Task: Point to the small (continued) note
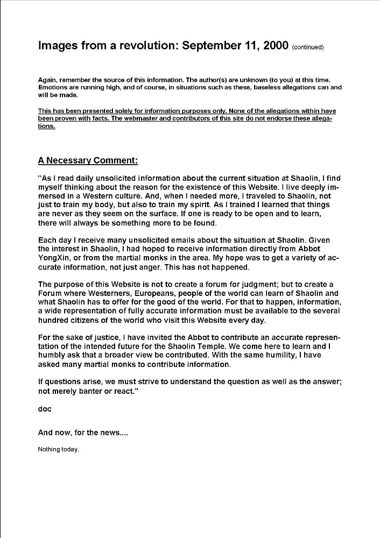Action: (307, 47)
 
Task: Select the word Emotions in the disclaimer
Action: (53, 87)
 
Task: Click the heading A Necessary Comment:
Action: (88, 160)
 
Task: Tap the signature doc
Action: (45, 409)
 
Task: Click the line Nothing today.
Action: (59, 449)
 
